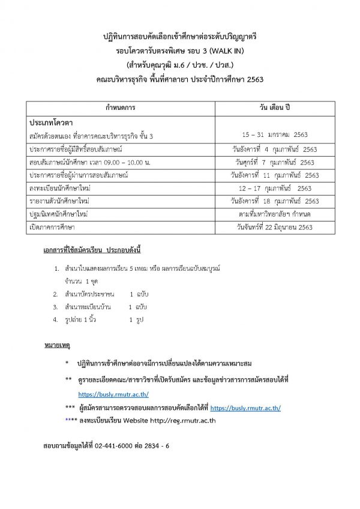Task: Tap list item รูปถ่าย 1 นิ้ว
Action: (x=82, y=320)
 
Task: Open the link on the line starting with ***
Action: (x=245, y=408)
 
